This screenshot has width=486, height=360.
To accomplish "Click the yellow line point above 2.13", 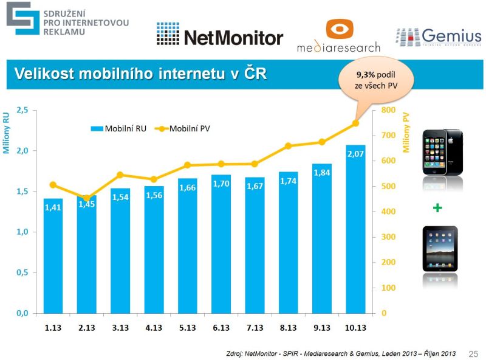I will point(87,198).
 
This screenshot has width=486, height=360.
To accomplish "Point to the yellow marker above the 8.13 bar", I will point(289,146).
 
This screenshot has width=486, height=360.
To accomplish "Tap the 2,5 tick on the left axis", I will point(22,110).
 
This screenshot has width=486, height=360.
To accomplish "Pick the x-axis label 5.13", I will point(188,328).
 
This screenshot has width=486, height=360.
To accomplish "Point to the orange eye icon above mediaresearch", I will point(339,30).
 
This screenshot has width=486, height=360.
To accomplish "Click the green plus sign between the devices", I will point(437,208).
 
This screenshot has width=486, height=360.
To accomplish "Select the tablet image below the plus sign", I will point(440,249).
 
